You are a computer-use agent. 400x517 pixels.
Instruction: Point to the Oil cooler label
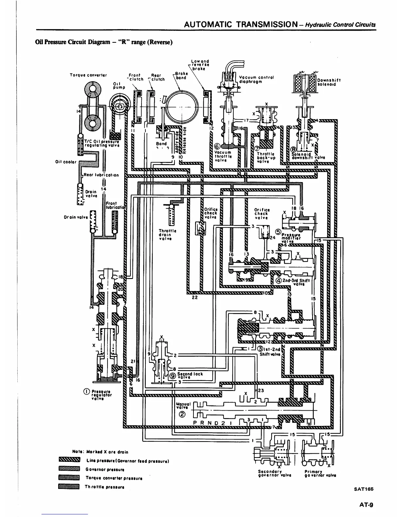tap(66, 162)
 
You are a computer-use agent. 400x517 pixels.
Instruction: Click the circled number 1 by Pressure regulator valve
tap(87, 392)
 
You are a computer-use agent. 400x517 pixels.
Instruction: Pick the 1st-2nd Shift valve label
tap(270, 351)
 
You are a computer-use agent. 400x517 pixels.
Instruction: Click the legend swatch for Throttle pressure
tap(69, 487)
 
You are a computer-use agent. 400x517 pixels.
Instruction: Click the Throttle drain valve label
tap(167, 235)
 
